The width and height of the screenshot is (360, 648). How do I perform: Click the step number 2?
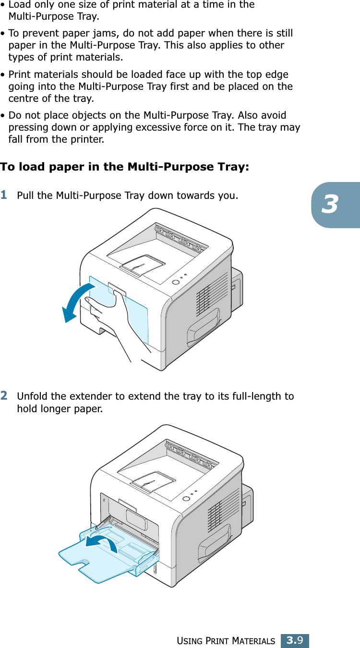tap(4, 395)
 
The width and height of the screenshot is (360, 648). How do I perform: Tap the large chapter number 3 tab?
tap(330, 205)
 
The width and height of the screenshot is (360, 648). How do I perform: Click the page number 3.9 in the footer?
tap(294, 640)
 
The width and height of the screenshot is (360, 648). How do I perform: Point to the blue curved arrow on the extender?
tap(102, 543)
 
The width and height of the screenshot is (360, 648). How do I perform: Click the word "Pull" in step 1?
tap(24, 196)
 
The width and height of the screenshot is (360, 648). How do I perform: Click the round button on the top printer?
tap(176, 282)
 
